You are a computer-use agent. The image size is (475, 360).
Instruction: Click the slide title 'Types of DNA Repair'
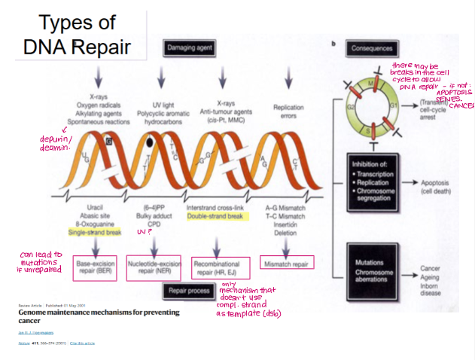[x=76, y=35]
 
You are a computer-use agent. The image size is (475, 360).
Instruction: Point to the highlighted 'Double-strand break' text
[x=216, y=217]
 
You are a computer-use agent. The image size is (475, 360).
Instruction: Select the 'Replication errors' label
[x=288, y=111]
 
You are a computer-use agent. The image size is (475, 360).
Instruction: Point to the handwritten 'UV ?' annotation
[x=145, y=233]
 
